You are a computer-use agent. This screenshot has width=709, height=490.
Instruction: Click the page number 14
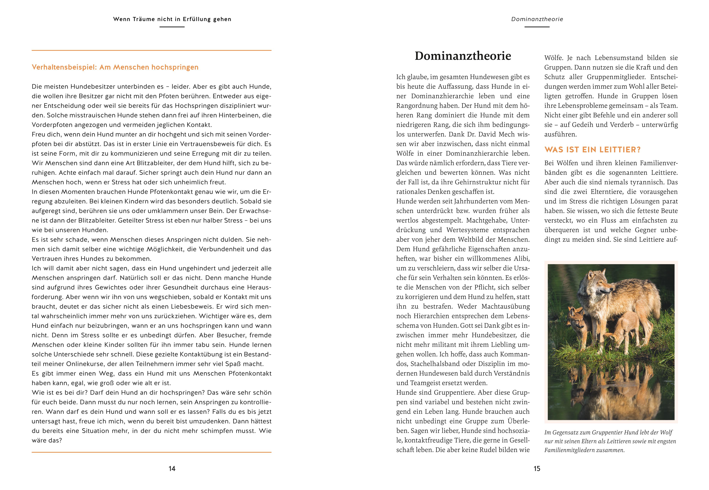click(x=172, y=468)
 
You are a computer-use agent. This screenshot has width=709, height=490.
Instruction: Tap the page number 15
click(x=537, y=468)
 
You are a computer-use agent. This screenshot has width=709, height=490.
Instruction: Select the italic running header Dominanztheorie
click(x=537, y=19)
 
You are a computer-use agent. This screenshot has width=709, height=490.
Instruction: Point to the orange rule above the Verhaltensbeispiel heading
click(x=151, y=50)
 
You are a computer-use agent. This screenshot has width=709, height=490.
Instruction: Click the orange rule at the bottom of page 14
click(x=151, y=452)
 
